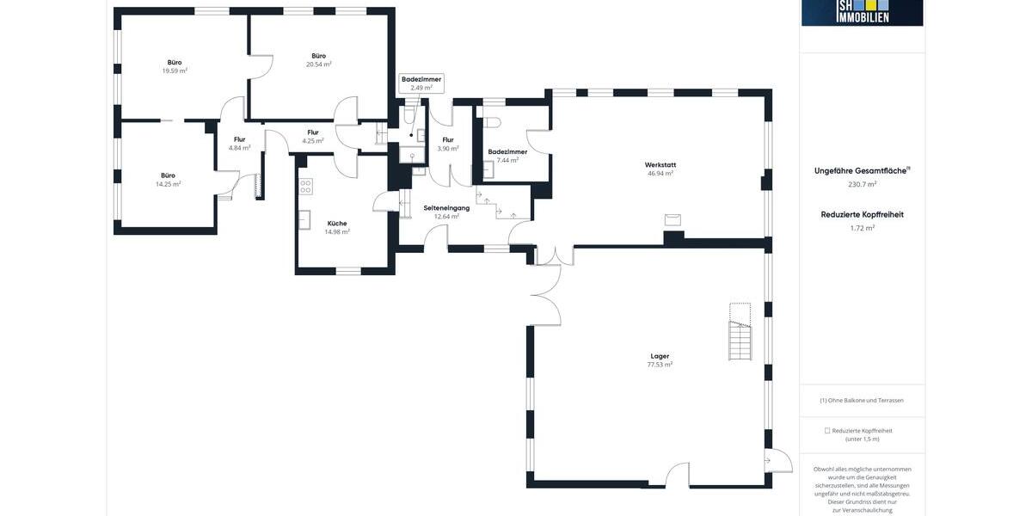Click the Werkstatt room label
[660, 164]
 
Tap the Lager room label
[660, 355]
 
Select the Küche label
[337, 223]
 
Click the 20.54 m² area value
[319, 64]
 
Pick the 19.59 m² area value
[175, 71]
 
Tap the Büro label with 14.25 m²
[168, 175]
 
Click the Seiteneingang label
[446, 207]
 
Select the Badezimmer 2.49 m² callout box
[421, 83]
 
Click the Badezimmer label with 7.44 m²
[507, 151]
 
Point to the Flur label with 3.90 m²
[448, 139]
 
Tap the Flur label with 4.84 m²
[239, 139]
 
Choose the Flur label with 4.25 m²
[313, 132]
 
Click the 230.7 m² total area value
[862, 184]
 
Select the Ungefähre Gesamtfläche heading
[861, 170]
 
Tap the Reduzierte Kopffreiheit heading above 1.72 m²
[862, 214]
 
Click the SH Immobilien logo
[862, 12]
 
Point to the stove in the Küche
[305, 185]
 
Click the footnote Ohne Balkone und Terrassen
[862, 400]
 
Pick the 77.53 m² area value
[660, 365]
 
